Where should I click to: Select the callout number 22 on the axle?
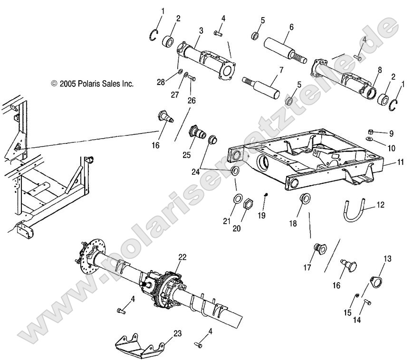point(182,257)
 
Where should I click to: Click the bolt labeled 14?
point(367,302)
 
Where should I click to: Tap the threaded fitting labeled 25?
point(195,131)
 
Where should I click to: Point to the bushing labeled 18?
point(292,198)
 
